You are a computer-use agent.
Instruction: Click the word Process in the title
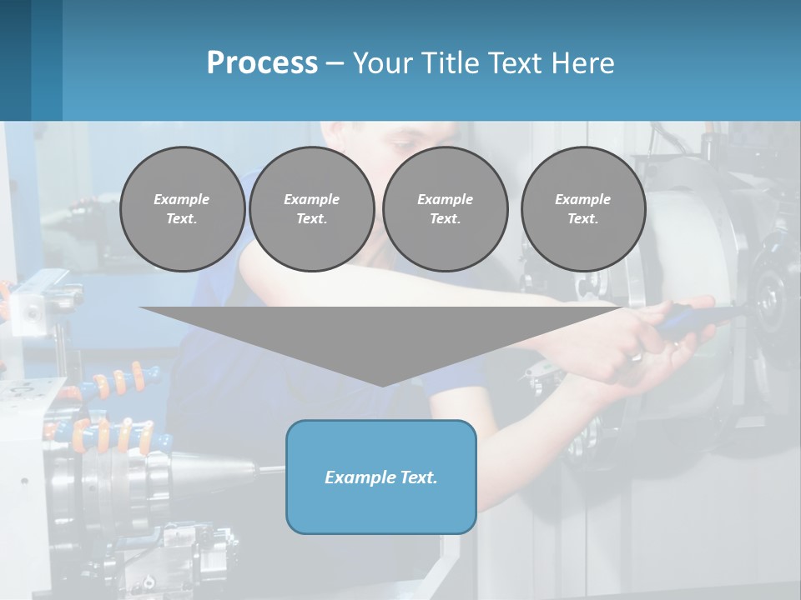(262, 63)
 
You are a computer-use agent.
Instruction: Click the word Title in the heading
(450, 63)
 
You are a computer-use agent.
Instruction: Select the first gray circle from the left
(182, 209)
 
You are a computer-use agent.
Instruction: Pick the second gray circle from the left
(311, 209)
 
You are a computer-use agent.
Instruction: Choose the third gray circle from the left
(445, 209)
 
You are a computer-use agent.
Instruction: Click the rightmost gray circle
(582, 209)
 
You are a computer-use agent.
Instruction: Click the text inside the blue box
(380, 477)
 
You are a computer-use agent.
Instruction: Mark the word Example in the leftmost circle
(181, 199)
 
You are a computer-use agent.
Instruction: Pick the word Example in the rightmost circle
(582, 199)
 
